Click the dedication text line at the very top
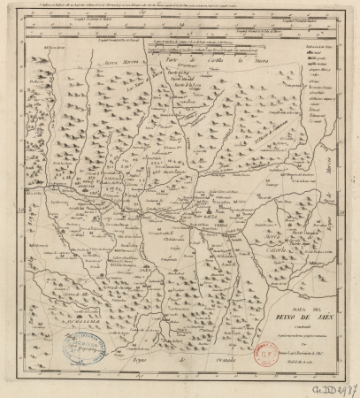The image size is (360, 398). point(177,4)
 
